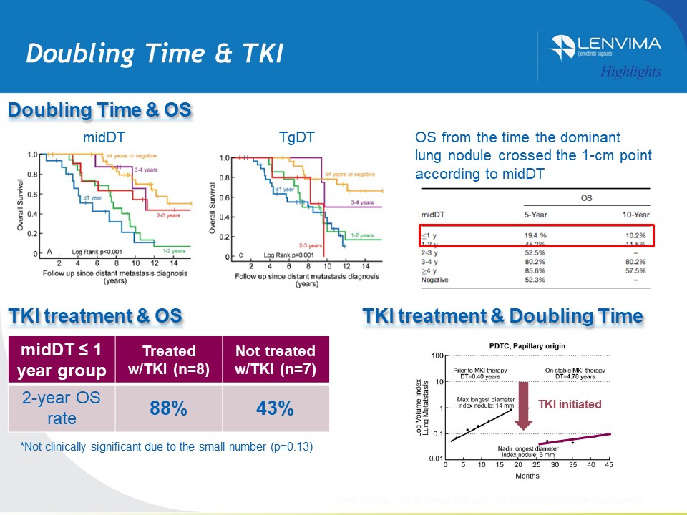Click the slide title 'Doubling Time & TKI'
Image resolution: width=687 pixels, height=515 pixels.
[154, 53]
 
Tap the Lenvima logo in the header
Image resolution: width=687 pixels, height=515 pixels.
[605, 47]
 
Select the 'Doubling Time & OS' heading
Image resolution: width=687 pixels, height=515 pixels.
[99, 110]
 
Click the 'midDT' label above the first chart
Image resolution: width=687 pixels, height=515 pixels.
[101, 138]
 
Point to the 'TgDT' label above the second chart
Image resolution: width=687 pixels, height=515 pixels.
[293, 138]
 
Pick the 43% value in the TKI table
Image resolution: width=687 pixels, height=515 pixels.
[275, 408]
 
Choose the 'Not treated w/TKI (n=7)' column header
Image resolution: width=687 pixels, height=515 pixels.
[275, 360]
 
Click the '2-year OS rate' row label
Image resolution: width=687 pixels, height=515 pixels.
[61, 408]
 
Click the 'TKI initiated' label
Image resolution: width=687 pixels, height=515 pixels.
[570, 404]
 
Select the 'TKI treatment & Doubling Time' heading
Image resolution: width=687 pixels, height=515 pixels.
[502, 316]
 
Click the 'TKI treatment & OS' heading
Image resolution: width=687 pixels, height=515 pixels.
[94, 316]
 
